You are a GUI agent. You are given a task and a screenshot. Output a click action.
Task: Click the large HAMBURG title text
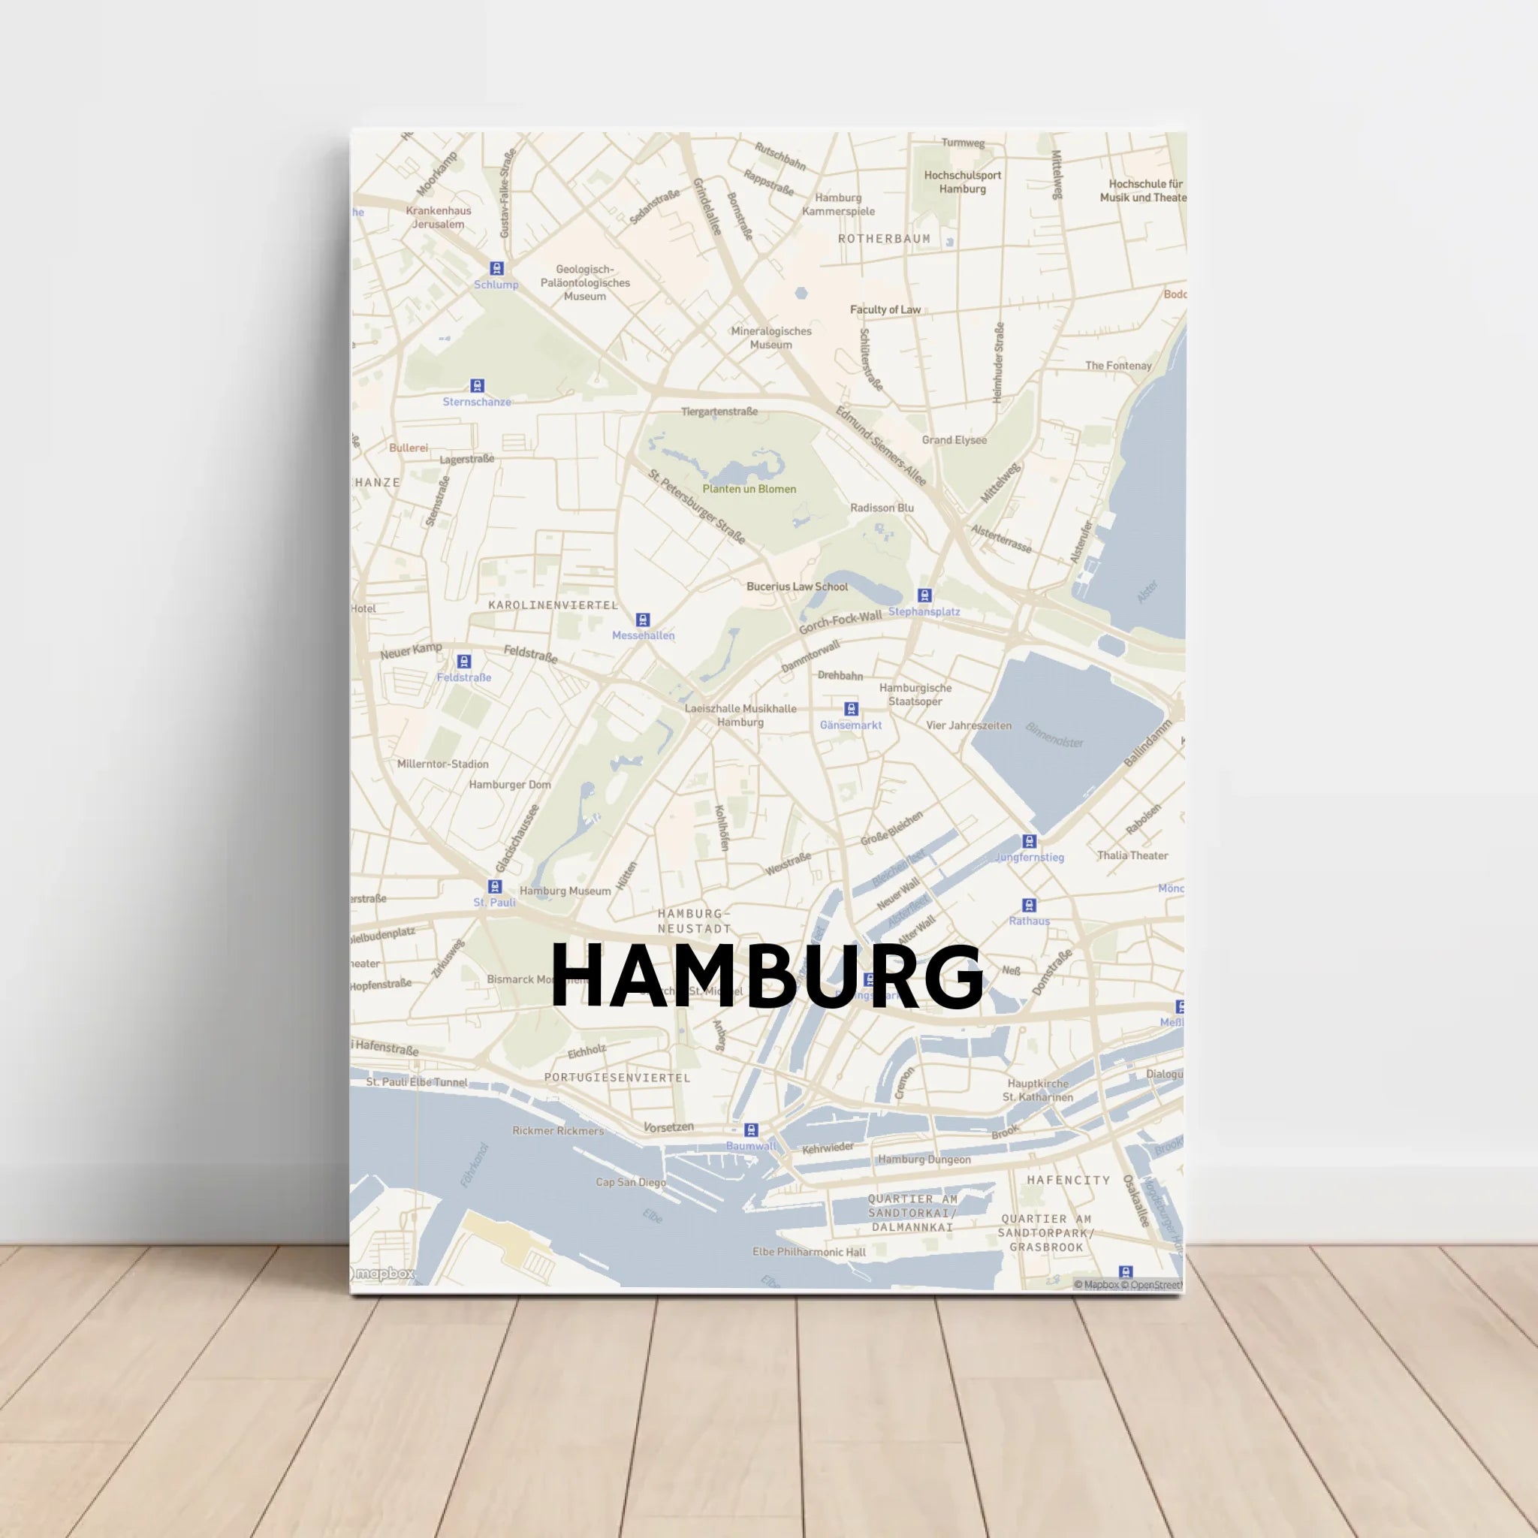pyautogui.click(x=767, y=976)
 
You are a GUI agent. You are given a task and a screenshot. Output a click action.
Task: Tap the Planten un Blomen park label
pyautogui.click(x=749, y=489)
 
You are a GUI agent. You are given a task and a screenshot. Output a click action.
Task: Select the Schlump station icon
pyautogui.click(x=496, y=268)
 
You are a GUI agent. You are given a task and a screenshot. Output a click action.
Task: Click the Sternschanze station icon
pyautogui.click(x=477, y=386)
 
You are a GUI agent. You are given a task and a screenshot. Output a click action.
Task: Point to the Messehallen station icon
pyautogui.click(x=642, y=620)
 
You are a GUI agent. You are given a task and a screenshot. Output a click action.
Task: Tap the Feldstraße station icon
pyautogui.click(x=464, y=662)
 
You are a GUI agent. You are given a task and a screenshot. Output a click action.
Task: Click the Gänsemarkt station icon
pyautogui.click(x=851, y=708)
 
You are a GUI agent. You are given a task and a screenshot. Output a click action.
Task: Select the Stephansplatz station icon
pyautogui.click(x=924, y=596)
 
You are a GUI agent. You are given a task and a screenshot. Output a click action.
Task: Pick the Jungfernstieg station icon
pyautogui.click(x=1030, y=841)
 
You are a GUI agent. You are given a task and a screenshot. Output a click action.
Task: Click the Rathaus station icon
pyautogui.click(x=1030, y=905)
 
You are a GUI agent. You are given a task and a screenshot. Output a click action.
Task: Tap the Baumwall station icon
pyautogui.click(x=751, y=1130)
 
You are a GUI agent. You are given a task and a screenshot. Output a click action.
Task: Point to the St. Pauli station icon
pyautogui.click(x=494, y=887)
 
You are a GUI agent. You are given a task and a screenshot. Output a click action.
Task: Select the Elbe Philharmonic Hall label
pyautogui.click(x=809, y=1252)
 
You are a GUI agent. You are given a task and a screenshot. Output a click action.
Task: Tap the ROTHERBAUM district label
pyautogui.click(x=884, y=239)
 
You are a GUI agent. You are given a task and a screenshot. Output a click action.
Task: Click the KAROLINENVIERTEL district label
pyautogui.click(x=553, y=605)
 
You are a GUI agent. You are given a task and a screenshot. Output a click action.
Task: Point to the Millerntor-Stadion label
pyautogui.click(x=442, y=764)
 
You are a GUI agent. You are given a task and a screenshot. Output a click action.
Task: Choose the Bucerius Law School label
pyautogui.click(x=797, y=587)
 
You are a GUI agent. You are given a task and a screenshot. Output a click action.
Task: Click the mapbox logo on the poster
pyautogui.click(x=384, y=1274)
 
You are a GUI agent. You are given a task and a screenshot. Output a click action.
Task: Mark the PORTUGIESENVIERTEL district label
pyautogui.click(x=617, y=1078)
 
